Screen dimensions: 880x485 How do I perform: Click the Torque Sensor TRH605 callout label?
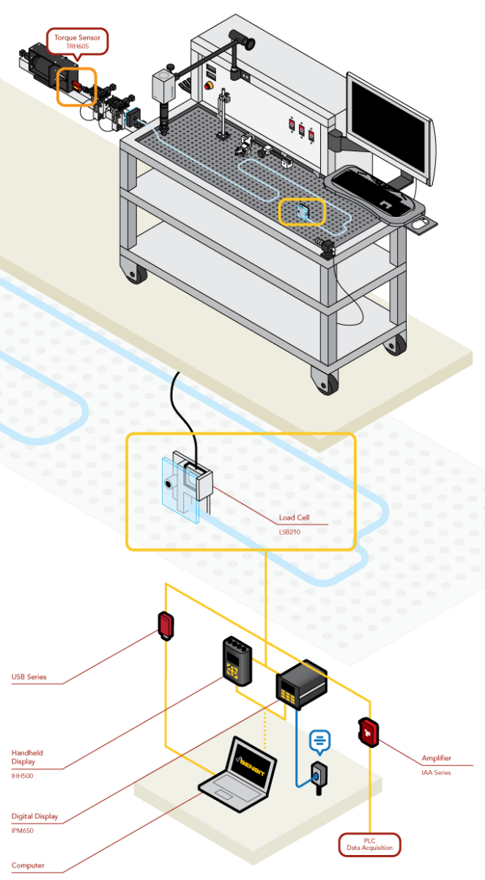click(78, 41)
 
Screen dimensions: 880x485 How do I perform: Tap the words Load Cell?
click(294, 517)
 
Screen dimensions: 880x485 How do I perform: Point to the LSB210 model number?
click(289, 532)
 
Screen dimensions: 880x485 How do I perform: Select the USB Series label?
click(29, 677)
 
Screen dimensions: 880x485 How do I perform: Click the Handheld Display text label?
click(27, 758)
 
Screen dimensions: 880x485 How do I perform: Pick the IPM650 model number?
click(23, 830)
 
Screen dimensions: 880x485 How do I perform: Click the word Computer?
click(28, 865)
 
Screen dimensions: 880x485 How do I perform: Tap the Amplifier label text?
click(437, 758)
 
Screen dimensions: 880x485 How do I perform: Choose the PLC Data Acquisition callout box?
click(370, 844)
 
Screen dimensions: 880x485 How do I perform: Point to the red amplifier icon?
click(368, 731)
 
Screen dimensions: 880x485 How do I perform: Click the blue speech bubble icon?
click(320, 742)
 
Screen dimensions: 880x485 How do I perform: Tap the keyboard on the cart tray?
click(370, 190)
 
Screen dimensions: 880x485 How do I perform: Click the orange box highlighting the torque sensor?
click(77, 87)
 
